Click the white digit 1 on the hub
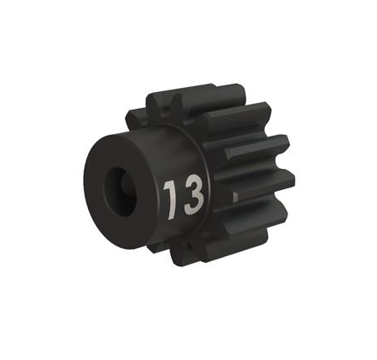click(168, 194)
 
